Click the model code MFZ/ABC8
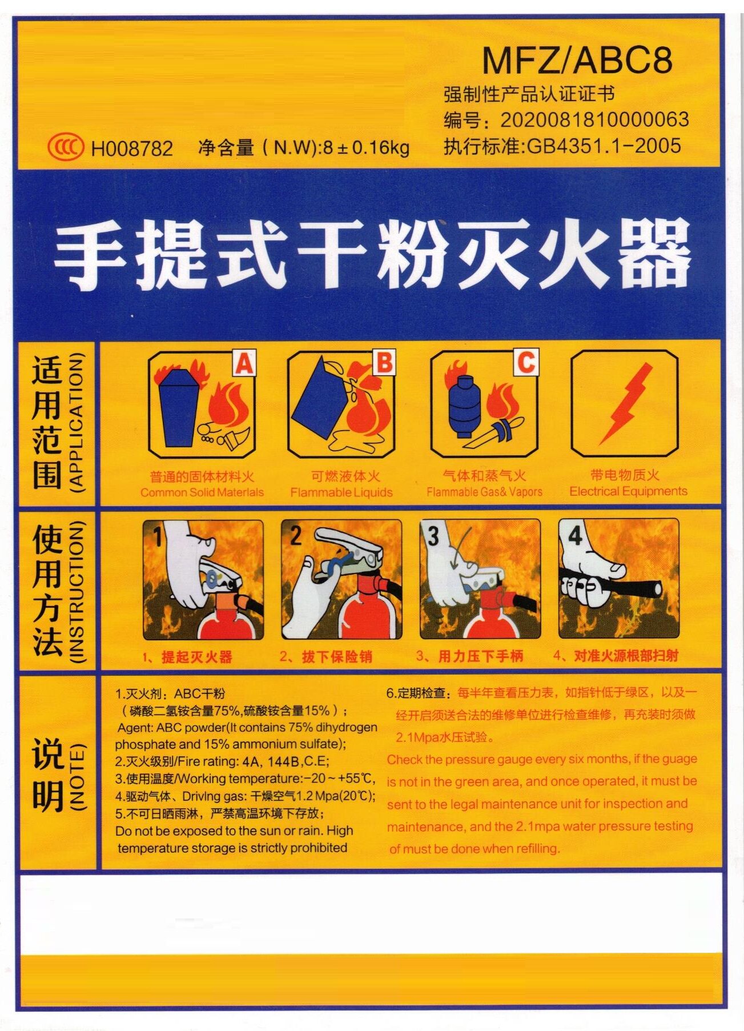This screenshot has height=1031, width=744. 577,60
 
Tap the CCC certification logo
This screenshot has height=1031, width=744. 66,147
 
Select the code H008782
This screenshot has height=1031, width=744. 132,149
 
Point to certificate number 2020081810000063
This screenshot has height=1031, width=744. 594,119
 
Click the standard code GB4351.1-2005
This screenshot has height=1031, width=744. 604,146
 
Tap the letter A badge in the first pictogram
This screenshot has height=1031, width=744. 244,363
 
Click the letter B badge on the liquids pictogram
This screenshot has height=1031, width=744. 384,363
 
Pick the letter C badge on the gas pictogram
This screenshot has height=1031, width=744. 526,362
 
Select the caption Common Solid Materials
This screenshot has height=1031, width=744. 202,492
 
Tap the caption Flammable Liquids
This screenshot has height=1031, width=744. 341,492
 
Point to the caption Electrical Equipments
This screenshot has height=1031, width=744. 628,491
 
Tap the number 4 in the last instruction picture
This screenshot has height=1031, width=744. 575,536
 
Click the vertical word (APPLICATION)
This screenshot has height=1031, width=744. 76,423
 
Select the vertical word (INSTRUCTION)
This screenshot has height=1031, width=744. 76,591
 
